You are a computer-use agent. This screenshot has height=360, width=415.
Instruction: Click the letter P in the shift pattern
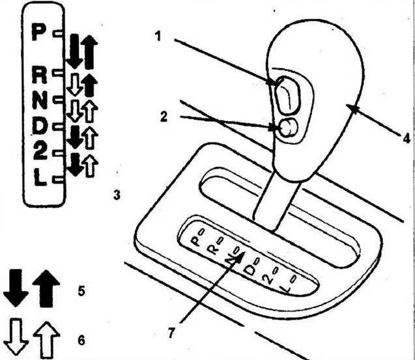pos(40,32)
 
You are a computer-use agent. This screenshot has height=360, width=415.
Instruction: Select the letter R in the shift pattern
pos(40,75)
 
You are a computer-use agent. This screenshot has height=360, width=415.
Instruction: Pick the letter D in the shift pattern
pos(40,125)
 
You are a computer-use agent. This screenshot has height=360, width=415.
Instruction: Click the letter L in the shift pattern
pos(40,178)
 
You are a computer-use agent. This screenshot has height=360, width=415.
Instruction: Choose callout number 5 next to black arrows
pos(81,290)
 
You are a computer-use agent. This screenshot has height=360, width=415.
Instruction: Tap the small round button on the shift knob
pos(287,128)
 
